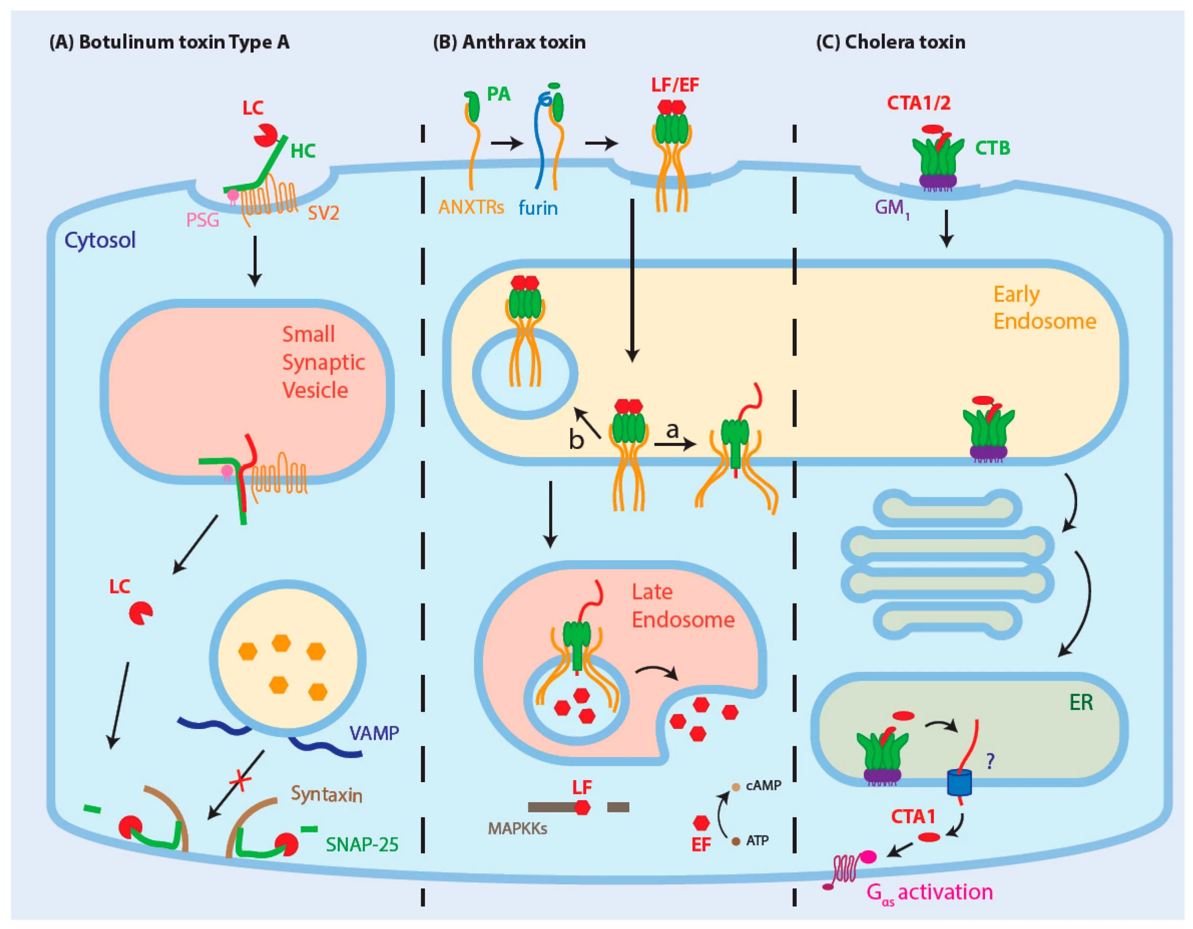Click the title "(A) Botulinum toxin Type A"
(x=169, y=42)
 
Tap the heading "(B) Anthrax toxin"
(x=509, y=42)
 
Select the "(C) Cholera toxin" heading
(x=890, y=42)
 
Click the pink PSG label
(x=203, y=220)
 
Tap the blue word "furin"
(x=538, y=208)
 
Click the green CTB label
(x=993, y=148)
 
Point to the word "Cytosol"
(x=100, y=240)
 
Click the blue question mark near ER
(x=989, y=761)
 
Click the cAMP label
(x=764, y=785)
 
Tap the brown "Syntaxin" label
(x=326, y=795)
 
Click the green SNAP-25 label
(x=362, y=845)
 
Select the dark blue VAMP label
(x=374, y=733)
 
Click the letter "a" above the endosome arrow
(x=672, y=430)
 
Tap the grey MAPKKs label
(x=518, y=828)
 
